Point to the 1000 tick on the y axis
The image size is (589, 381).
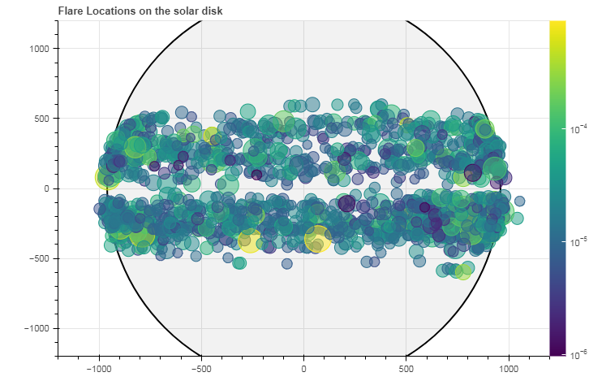[40, 48]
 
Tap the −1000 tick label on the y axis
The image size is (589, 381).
[36, 328]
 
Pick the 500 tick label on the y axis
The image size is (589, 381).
[42, 118]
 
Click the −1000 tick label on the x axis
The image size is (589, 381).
[98, 367]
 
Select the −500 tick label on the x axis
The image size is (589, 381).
[200, 367]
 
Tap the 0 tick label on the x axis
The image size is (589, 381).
[303, 367]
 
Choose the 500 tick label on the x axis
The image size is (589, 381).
[406, 367]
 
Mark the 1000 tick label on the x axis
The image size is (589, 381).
[509, 367]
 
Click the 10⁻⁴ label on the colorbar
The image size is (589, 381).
[578, 129]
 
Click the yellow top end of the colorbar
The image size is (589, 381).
[557, 24]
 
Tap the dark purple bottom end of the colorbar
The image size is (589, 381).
[557, 352]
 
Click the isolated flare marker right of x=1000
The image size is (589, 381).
[520, 201]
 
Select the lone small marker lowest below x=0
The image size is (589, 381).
[286, 264]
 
